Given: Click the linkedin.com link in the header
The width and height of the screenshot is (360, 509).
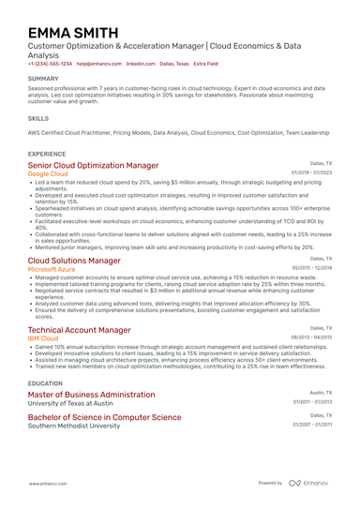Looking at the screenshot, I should (141, 64).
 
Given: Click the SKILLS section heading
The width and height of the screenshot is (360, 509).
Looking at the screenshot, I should (38, 119).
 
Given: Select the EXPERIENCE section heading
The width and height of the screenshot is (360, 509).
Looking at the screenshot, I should (47, 153).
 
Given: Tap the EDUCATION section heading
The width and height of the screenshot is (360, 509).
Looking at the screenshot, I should (46, 383).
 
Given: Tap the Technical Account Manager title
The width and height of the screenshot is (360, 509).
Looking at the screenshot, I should (79, 330).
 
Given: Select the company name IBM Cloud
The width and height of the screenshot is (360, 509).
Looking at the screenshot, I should (44, 339).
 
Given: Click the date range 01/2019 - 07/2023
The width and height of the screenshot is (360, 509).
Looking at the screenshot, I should (312, 173).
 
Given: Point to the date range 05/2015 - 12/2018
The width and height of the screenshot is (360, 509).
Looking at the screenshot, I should (312, 268).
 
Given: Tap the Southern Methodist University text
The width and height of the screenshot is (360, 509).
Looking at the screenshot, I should (74, 426).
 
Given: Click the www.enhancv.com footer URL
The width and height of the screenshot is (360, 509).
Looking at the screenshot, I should (50, 483).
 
